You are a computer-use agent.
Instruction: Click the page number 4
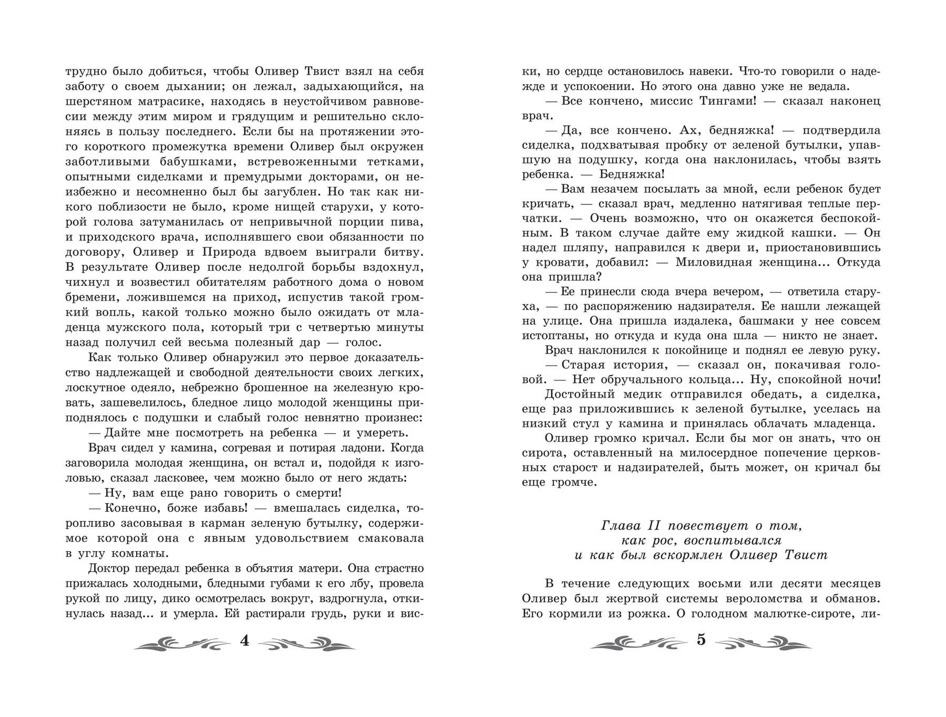244,641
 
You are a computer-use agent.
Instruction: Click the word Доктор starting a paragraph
110,569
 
